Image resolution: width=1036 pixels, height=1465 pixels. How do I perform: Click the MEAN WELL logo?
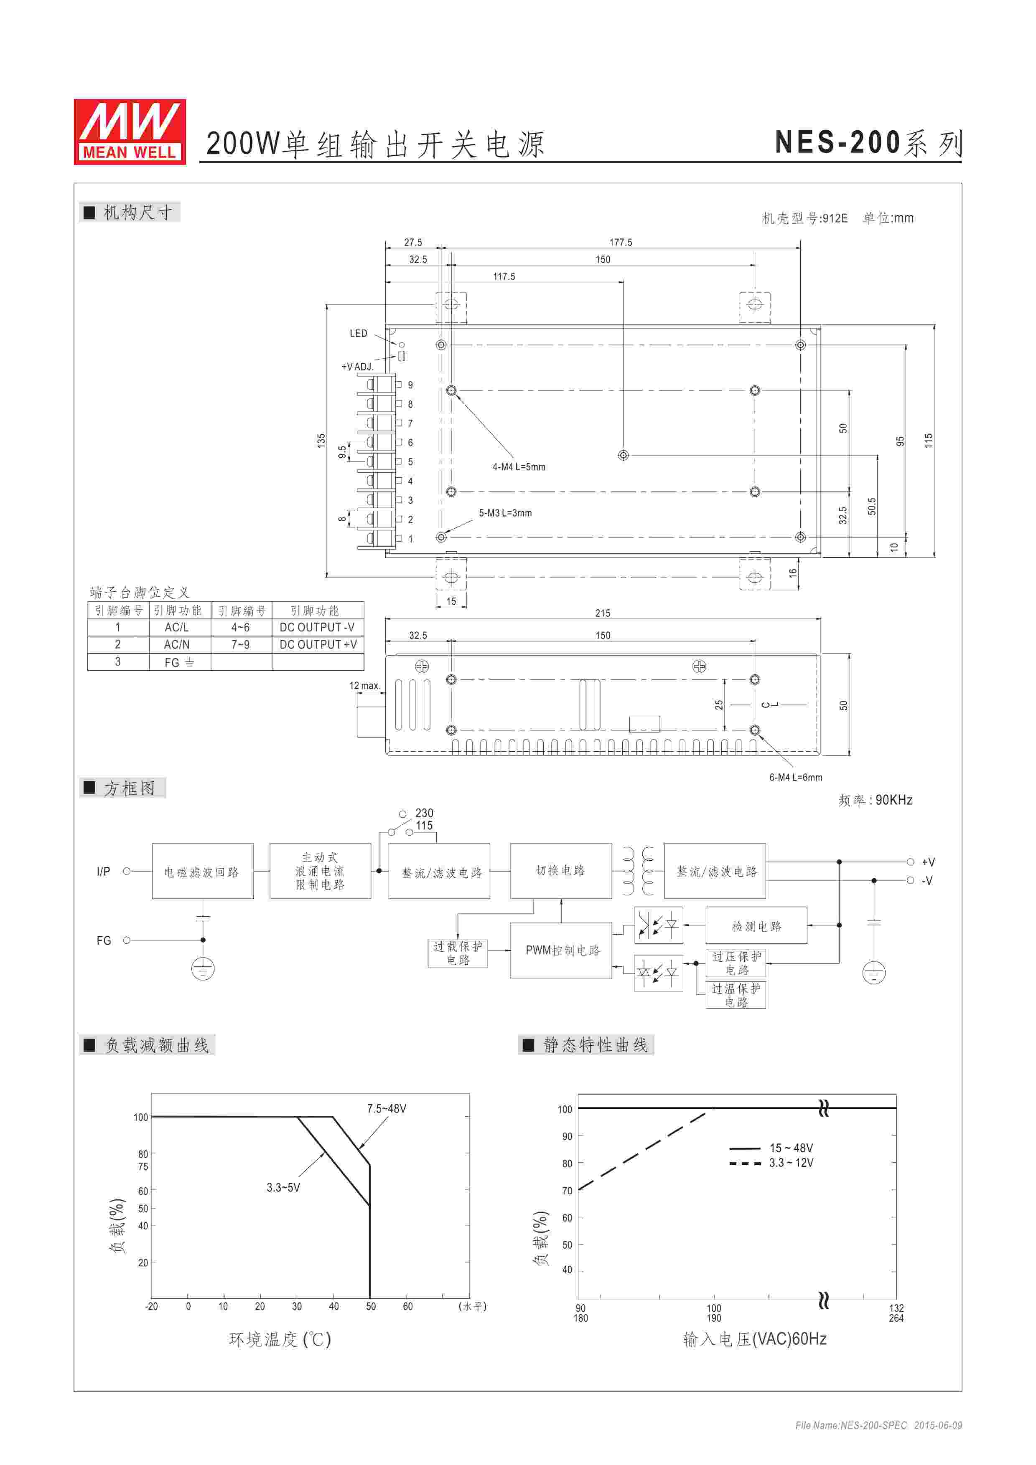pyautogui.click(x=130, y=132)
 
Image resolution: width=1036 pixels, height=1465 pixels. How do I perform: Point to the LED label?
pyautogui.click(x=358, y=334)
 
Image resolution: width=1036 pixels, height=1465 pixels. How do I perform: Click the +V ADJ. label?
pyautogui.click(x=357, y=367)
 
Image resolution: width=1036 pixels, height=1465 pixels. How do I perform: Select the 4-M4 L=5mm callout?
pyautogui.click(x=518, y=467)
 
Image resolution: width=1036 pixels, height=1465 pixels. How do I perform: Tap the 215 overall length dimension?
pyautogui.click(x=603, y=613)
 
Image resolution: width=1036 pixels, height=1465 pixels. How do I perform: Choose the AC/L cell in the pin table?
pyautogui.click(x=177, y=628)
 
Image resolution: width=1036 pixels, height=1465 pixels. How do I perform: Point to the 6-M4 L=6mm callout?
pyautogui.click(x=795, y=777)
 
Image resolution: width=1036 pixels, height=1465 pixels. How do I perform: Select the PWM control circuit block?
pyautogui.click(x=562, y=950)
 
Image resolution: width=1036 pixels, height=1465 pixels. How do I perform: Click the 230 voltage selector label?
pyautogui.click(x=424, y=813)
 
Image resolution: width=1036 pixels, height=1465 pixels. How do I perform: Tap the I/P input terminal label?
pyautogui.click(x=103, y=872)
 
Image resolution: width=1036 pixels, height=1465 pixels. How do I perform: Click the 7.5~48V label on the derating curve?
pyautogui.click(x=386, y=1108)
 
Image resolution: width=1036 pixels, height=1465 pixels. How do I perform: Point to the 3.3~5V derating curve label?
pyautogui.click(x=283, y=1187)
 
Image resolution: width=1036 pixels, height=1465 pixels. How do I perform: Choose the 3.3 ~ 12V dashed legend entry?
pyautogui.click(x=791, y=1163)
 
